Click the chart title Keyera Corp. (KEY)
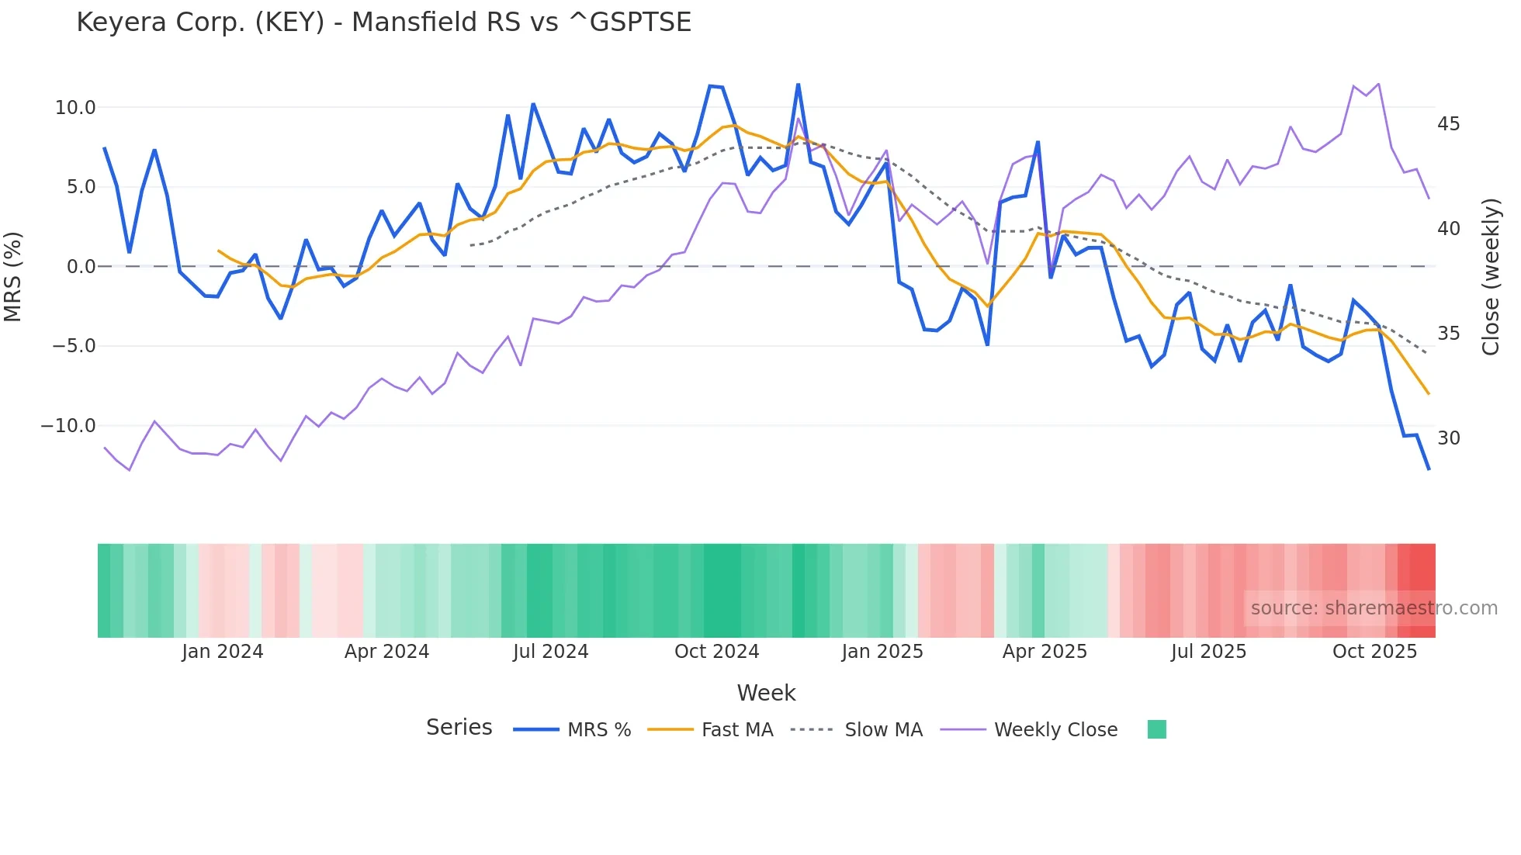[383, 22]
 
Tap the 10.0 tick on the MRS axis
[75, 108]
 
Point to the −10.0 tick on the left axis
[68, 426]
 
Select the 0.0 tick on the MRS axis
[81, 267]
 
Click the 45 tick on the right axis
[1448, 124]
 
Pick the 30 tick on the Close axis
[1448, 438]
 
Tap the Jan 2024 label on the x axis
[223, 652]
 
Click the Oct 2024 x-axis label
[716, 652]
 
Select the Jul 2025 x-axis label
[1208, 652]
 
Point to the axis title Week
[766, 693]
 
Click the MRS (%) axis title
[13, 276]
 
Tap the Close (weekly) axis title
[1491, 277]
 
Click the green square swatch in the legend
[1156, 729]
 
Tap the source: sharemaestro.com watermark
[1374, 608]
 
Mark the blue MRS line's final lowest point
[1428, 469]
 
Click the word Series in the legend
[459, 728]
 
